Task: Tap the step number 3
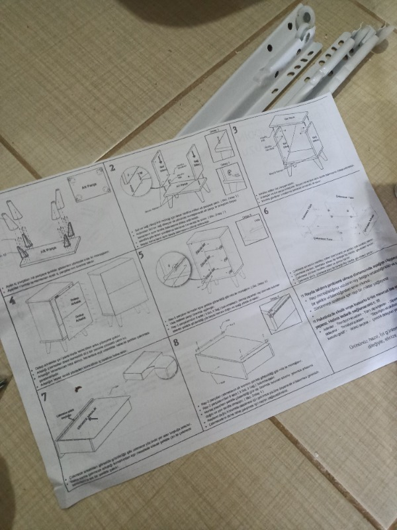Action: coord(236,131)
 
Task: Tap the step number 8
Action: coord(176,343)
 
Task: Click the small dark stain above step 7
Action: coord(79,387)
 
